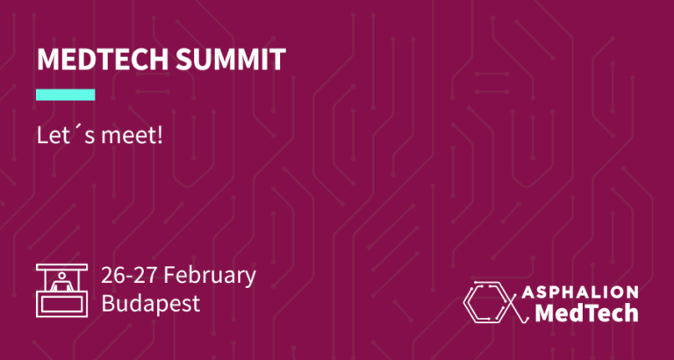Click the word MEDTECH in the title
click(104, 59)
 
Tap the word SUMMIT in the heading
click(231, 59)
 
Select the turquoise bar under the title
click(65, 95)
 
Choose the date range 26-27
click(129, 276)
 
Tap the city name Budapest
click(151, 303)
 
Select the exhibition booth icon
click(62, 291)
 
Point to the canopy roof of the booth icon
click(62, 267)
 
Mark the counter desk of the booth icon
click(62, 305)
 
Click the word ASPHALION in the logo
click(580, 292)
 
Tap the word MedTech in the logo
click(586, 313)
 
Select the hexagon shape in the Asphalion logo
click(484, 302)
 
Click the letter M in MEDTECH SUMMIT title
click(47, 60)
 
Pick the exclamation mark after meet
click(160, 136)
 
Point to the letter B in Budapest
click(107, 303)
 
